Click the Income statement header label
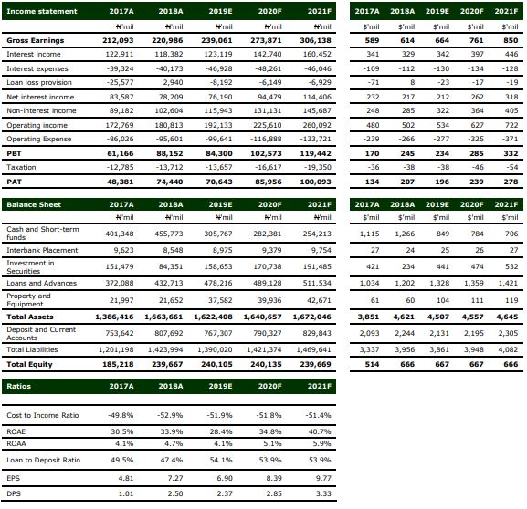[42, 11]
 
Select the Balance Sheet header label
[34, 204]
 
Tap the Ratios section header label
[18, 386]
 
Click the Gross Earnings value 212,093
[118, 40]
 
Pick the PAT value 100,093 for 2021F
[316, 182]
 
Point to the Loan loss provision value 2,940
[173, 82]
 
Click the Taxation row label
[21, 167]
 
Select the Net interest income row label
[40, 97]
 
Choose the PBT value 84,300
[219, 153]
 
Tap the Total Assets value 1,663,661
[163, 317]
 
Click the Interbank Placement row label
[42, 250]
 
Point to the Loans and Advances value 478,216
[218, 283]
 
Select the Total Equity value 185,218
[118, 364]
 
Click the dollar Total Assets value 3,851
[368, 317]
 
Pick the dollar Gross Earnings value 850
[511, 40]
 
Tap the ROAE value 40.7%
[320, 431]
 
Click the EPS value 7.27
[175, 478]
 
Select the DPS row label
[14, 493]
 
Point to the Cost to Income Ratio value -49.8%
[121, 415]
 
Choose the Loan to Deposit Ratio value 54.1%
[221, 460]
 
